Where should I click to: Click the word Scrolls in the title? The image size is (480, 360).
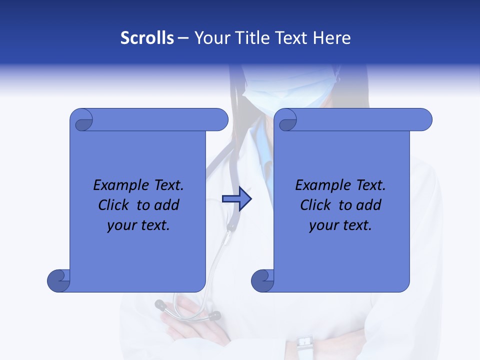[147, 38]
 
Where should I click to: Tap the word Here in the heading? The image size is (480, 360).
[331, 38]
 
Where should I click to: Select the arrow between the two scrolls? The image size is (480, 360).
[236, 198]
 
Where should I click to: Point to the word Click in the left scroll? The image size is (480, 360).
[115, 205]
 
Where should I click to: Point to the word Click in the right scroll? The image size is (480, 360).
[317, 205]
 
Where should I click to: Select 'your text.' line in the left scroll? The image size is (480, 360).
[138, 225]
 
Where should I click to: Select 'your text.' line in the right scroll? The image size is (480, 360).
[340, 225]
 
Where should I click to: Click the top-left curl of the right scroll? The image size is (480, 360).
[286, 120]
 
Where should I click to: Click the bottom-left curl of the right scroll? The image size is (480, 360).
[263, 280]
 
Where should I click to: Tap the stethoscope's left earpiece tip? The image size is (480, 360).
[161, 304]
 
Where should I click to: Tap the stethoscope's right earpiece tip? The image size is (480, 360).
[214, 315]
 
